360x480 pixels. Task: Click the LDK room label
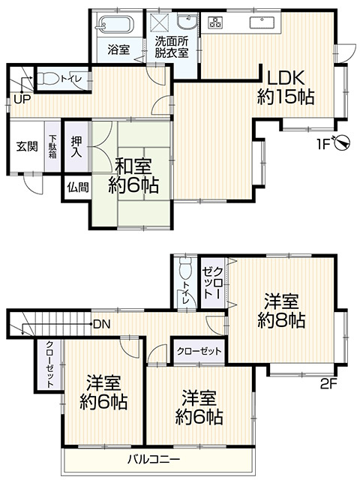(x=284, y=86)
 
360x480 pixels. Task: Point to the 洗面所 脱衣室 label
(x=172, y=47)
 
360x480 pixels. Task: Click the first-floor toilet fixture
(x=49, y=77)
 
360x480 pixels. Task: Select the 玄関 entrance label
(x=27, y=146)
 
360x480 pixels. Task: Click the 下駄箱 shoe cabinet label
(x=53, y=147)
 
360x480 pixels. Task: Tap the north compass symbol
(x=341, y=142)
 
